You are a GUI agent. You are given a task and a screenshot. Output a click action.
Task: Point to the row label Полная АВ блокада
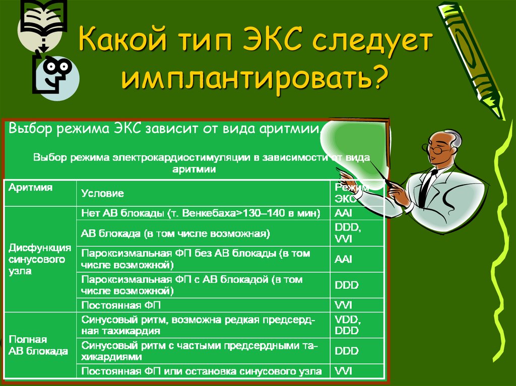pos(38,345)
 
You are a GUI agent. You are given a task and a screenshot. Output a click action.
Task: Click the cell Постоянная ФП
pos(121,305)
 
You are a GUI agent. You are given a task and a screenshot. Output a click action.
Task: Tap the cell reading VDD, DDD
pos(347,326)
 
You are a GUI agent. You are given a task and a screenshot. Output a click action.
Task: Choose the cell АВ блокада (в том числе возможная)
pos(176,234)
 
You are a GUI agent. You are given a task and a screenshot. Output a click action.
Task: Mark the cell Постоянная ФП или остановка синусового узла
pos(201,371)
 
